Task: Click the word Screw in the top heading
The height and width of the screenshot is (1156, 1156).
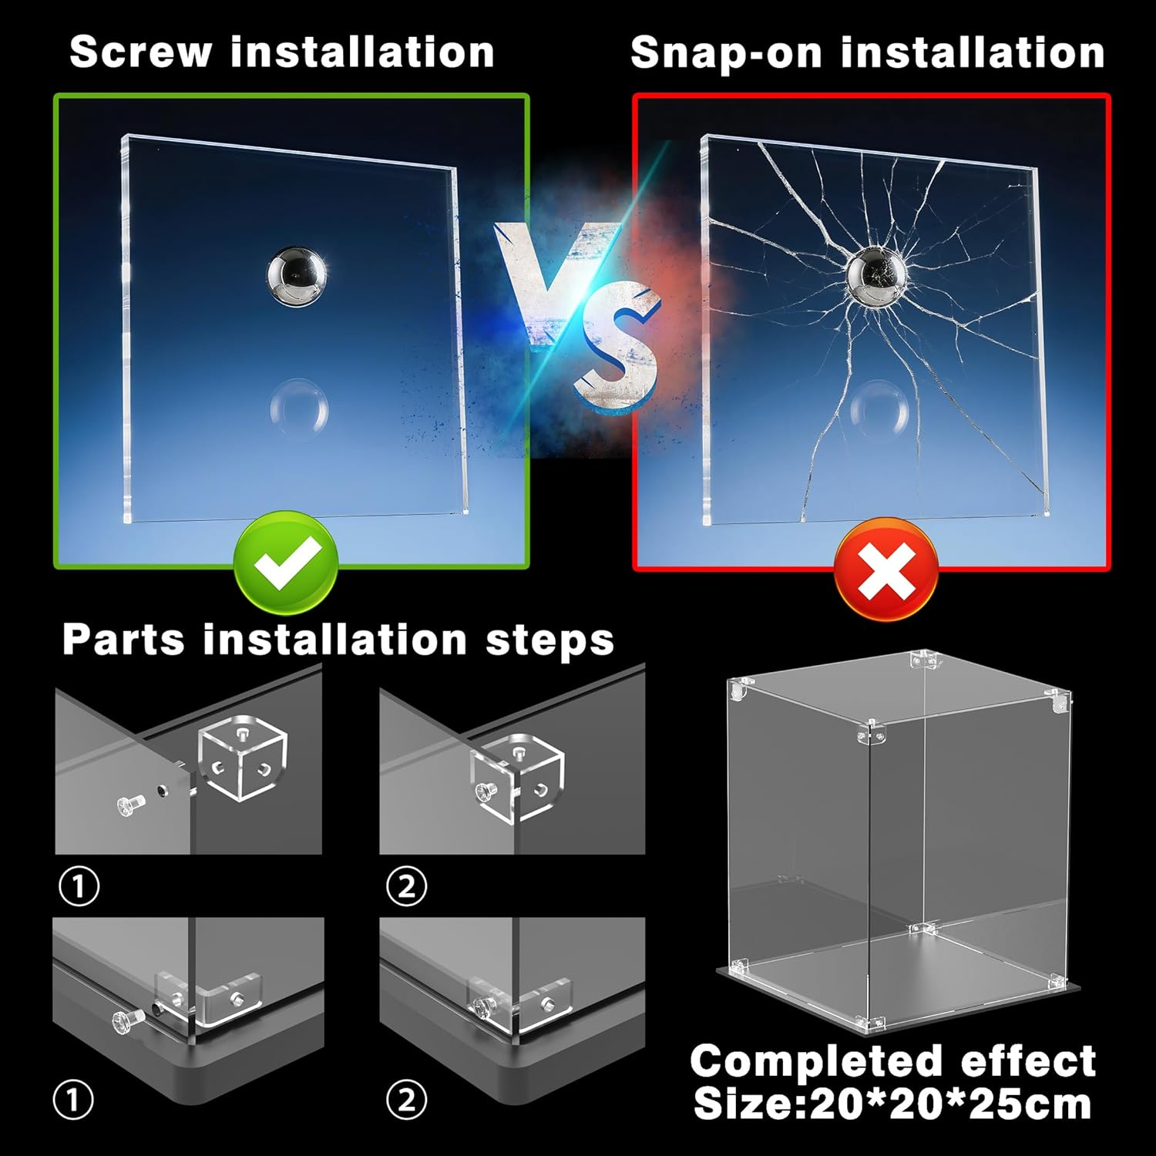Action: [x=140, y=52]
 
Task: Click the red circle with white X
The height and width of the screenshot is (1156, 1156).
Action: [x=886, y=569]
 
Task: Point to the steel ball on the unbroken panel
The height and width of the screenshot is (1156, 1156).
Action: [x=296, y=276]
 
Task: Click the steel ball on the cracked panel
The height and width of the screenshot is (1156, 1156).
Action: [x=877, y=276]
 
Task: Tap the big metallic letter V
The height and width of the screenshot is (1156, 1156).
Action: [x=553, y=281]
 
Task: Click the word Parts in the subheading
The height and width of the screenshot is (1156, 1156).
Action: [x=123, y=640]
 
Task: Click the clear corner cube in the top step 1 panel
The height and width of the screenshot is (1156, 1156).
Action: [x=243, y=758]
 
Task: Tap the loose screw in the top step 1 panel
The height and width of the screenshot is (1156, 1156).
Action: [x=129, y=805]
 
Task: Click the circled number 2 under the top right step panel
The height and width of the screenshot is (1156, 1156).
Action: [x=406, y=886]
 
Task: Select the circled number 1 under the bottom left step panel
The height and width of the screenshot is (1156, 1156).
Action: [x=74, y=1100]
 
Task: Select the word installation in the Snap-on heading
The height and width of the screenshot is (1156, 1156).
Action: [x=973, y=52]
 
